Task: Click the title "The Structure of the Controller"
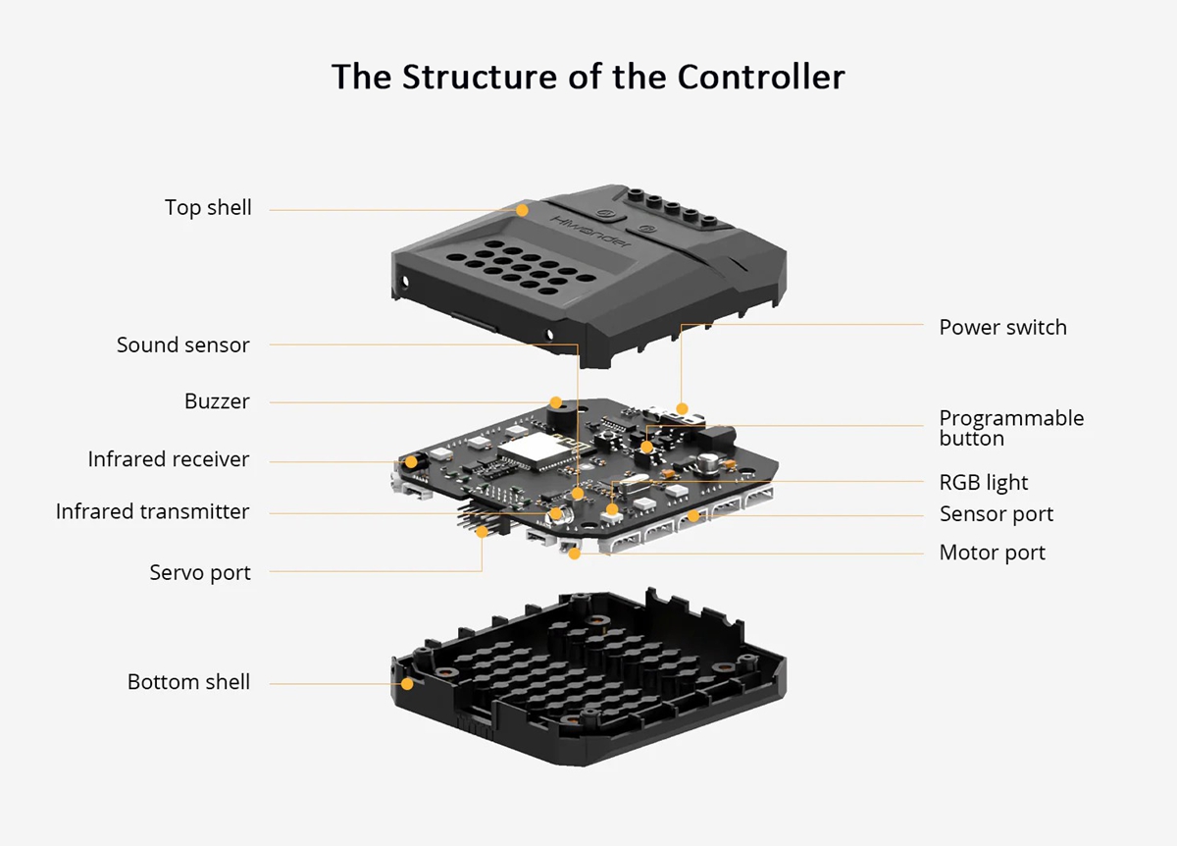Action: tap(588, 77)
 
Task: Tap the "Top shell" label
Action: tap(208, 208)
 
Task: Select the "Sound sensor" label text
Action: tap(182, 345)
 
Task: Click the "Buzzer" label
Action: tap(217, 401)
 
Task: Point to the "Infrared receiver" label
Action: tap(168, 459)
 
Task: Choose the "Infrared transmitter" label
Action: tap(152, 511)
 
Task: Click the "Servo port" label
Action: tap(200, 572)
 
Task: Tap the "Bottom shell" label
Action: tap(188, 682)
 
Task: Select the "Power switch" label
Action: tap(1002, 328)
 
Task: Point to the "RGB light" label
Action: tap(984, 483)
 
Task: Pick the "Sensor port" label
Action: tap(996, 514)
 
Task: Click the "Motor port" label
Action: tap(992, 553)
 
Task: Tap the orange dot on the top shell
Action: tap(523, 210)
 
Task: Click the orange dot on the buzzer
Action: tap(556, 401)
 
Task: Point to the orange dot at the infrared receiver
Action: tap(411, 460)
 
